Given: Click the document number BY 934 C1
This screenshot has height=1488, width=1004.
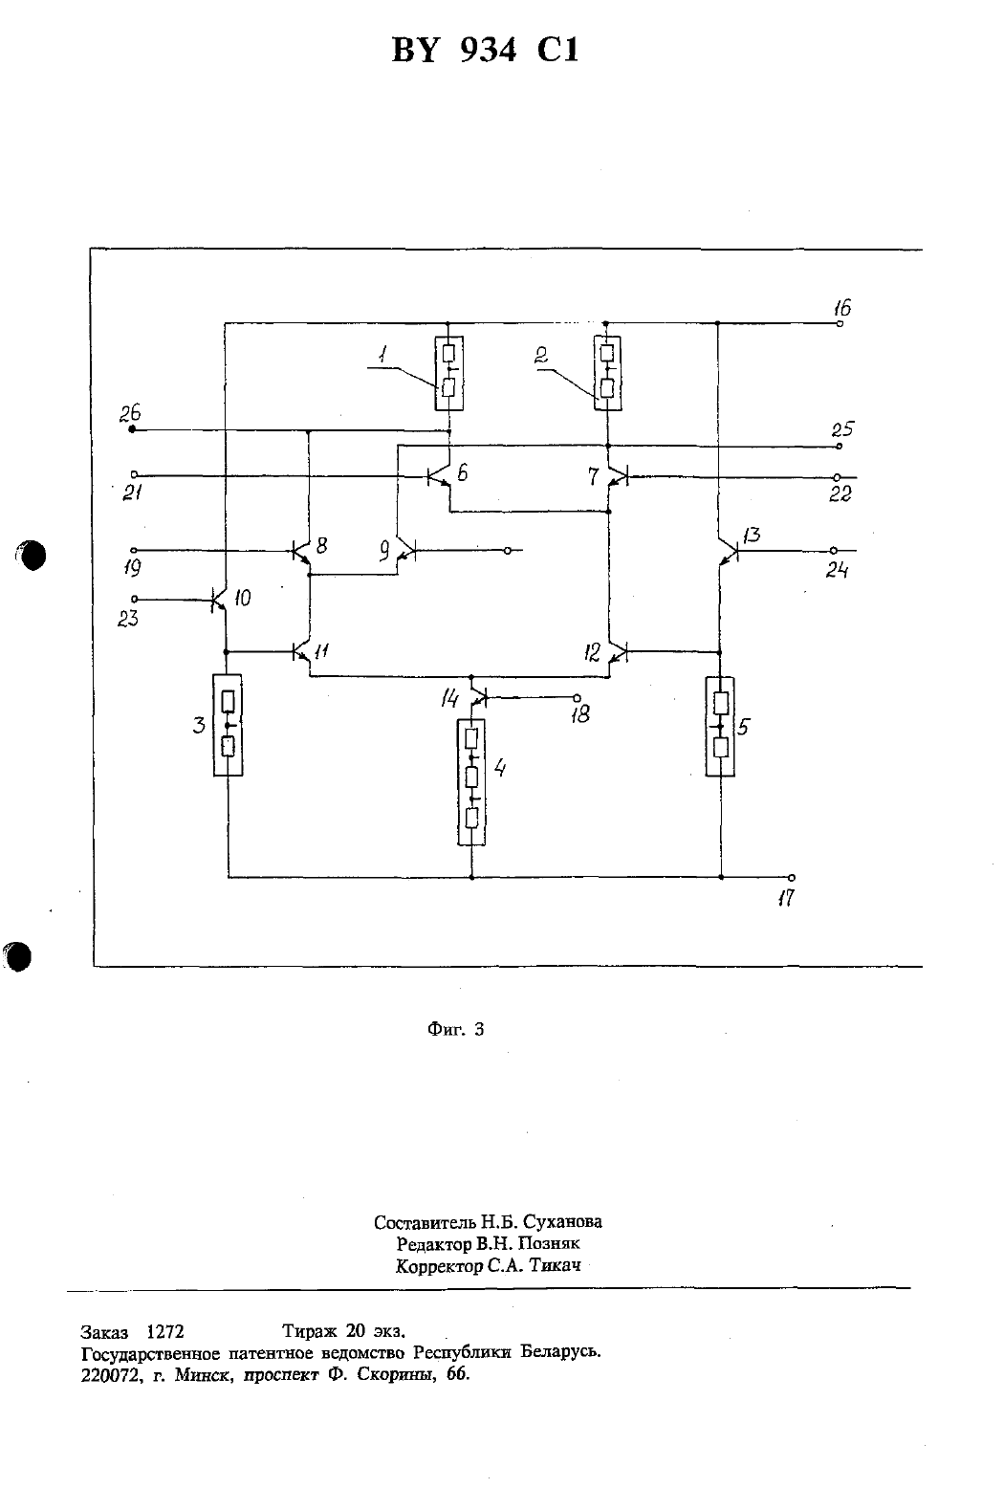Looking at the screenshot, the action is coord(486,50).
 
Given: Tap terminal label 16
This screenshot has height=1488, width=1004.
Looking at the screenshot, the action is coord(842,308).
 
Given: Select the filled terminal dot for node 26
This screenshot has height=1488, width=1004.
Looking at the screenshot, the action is coord(132,429).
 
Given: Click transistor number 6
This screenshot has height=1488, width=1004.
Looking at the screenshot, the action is coord(462,472).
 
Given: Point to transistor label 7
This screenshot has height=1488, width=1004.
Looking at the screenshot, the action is coord(593,475).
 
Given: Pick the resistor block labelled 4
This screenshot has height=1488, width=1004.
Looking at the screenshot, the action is coord(471,782).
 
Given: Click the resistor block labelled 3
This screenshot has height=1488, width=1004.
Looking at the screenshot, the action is coord(228,725).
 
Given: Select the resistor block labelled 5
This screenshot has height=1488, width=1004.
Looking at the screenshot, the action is coord(720,726).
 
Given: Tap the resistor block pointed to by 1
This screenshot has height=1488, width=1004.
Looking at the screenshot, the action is coord(448,373).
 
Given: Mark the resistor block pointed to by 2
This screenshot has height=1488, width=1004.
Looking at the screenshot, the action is coord(607,373).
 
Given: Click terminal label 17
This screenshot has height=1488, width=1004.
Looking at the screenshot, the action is coord(786,899).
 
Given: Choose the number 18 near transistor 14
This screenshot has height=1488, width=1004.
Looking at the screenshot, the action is coord(580,714).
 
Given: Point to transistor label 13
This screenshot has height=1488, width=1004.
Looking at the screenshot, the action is coord(752,535).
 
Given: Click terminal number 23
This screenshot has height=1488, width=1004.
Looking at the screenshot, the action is coord(127,619).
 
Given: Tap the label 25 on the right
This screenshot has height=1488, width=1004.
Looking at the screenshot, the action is coord(842,429).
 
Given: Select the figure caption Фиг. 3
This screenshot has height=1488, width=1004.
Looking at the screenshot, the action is coord(455,1029).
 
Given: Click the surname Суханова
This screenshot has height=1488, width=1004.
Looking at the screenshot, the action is coord(562,1221).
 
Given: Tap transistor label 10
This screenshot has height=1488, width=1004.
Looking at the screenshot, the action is coord(243,598).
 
